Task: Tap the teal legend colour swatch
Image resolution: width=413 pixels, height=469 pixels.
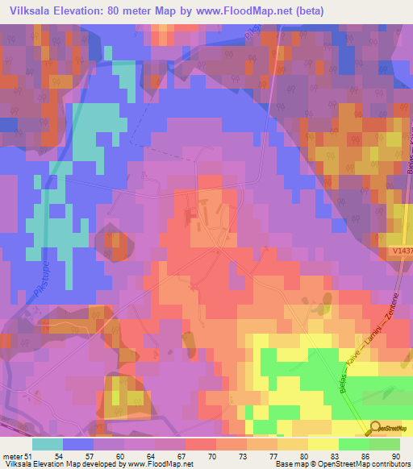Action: (x=48, y=444)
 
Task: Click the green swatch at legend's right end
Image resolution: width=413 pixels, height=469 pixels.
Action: (x=385, y=444)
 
